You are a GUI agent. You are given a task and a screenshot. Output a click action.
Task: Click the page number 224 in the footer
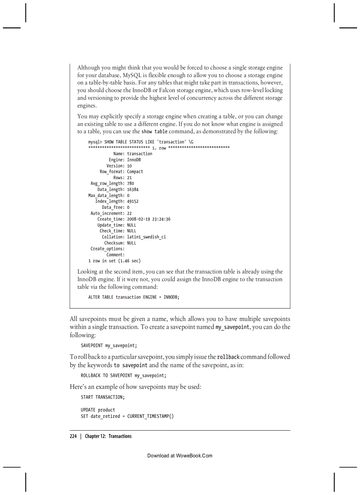(73, 436)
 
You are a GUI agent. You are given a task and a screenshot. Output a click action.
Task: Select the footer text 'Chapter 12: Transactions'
(108, 436)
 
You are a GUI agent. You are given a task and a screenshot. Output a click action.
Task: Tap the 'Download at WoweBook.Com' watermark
(180, 455)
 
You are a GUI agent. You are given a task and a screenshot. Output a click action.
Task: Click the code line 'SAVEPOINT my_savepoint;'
(109, 345)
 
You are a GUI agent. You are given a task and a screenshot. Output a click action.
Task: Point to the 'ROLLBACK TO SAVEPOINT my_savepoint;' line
(124, 376)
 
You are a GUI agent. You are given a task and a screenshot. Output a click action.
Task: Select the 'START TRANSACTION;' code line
(102, 397)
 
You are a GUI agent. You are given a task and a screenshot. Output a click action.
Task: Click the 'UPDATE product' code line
(97, 410)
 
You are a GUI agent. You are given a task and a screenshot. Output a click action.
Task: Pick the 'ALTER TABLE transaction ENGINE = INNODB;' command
(134, 297)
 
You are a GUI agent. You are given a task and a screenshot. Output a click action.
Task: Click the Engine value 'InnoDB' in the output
(134, 160)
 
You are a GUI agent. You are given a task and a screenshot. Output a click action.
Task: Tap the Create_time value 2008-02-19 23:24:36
(149, 219)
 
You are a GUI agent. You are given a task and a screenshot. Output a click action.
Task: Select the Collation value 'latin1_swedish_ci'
(146, 237)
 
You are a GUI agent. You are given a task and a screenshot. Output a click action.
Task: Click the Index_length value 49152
(133, 201)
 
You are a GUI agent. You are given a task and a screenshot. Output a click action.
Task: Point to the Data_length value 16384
(133, 189)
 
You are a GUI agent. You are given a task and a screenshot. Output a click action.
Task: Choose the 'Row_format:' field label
(112, 171)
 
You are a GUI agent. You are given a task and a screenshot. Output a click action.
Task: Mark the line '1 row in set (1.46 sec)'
(114, 261)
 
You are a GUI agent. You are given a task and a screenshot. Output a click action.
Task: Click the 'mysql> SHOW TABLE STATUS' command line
(141, 142)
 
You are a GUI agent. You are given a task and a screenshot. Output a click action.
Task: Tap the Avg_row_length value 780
(131, 183)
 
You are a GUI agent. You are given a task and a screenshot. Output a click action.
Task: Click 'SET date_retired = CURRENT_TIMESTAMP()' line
(127, 416)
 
